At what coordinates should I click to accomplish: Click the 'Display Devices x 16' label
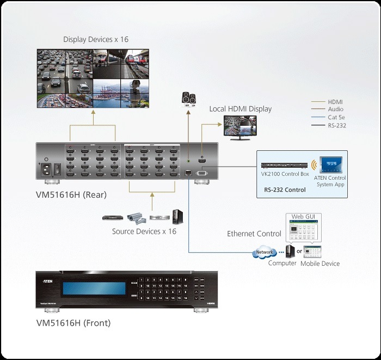pyautogui.click(x=96, y=39)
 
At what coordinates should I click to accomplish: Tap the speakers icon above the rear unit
pyautogui.click(x=188, y=99)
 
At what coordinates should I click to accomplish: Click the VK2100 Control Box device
pyautogui.click(x=285, y=165)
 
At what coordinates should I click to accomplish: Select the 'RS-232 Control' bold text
pyautogui.click(x=285, y=190)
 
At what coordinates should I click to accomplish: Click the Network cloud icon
pyautogui.click(x=264, y=253)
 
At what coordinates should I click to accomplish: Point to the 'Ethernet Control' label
pyautogui.click(x=254, y=234)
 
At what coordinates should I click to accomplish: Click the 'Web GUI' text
pyautogui.click(x=304, y=217)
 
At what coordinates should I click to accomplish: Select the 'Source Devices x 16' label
pyautogui.click(x=144, y=231)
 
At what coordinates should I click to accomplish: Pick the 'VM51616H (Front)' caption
pyautogui.click(x=73, y=323)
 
